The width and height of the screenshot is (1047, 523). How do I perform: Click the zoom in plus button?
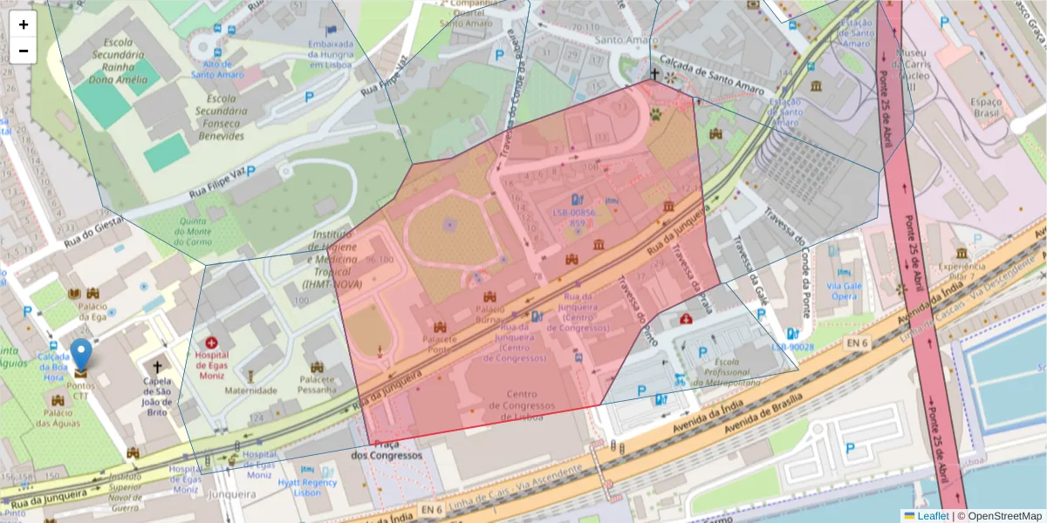[24, 24]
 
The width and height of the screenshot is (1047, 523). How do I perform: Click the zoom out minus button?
[24, 51]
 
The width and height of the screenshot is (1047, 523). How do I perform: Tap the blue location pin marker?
[81, 356]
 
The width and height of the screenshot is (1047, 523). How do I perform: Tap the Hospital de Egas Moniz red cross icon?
[211, 344]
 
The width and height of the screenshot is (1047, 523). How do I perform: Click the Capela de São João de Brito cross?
[157, 367]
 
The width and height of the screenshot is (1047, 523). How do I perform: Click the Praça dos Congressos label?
[386, 449]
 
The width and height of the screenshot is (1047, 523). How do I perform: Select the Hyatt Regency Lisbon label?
[306, 486]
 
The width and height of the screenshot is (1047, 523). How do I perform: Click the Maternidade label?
[251, 391]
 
